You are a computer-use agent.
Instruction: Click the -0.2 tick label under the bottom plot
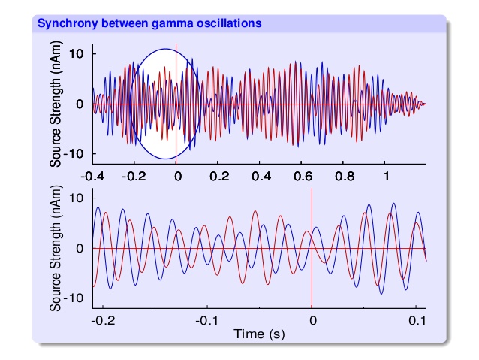click(102, 319)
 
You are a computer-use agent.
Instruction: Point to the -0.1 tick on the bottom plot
click(206, 319)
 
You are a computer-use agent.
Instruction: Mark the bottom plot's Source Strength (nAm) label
click(56, 248)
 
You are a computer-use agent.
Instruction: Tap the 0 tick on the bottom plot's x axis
click(312, 319)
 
